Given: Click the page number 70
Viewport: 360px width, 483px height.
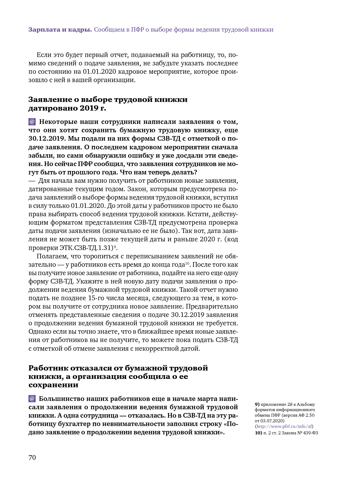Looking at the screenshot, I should [x=32, y=458].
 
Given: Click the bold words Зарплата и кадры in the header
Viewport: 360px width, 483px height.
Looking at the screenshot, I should [x=60, y=30].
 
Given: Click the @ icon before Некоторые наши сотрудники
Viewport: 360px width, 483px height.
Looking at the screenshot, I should [x=32, y=122].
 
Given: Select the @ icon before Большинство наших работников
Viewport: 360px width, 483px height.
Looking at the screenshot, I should [x=32, y=399].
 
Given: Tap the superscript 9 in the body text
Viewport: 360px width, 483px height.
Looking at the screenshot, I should [x=115, y=246].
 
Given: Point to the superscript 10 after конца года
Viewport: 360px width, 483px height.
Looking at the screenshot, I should [x=187, y=263].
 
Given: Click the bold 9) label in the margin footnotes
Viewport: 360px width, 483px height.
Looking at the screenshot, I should [x=257, y=404].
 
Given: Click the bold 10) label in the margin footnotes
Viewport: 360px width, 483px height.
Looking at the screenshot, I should [x=258, y=433].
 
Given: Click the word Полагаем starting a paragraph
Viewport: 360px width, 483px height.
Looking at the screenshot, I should [x=52, y=256].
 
